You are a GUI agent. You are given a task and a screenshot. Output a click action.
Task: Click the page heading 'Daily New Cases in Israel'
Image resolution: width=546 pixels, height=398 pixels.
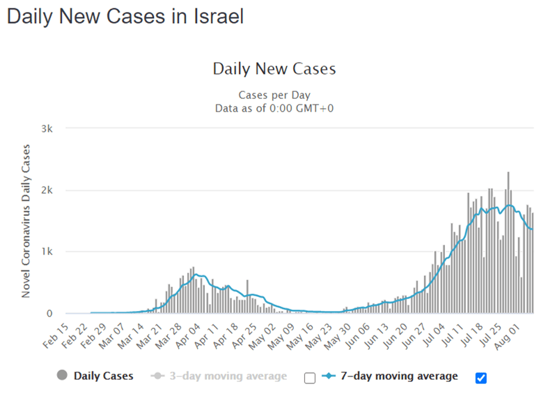[125, 17]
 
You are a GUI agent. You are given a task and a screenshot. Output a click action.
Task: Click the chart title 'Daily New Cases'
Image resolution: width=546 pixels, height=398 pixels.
[274, 69]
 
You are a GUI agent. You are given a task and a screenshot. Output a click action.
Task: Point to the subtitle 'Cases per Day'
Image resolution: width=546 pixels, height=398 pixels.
[274, 95]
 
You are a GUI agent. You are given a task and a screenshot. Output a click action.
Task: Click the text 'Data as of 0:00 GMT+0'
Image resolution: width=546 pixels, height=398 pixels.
[274, 107]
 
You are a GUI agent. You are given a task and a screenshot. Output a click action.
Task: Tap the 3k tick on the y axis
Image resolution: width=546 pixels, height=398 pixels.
[54, 129]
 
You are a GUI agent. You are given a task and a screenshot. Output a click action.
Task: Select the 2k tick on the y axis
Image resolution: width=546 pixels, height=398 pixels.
[54, 190]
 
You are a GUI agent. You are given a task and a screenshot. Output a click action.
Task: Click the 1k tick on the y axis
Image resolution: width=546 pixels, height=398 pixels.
[54, 252]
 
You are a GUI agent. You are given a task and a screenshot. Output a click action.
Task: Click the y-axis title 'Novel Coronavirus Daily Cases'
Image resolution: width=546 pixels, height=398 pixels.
[26, 220]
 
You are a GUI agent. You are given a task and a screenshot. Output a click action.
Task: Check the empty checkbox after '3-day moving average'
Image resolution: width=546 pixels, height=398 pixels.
[310, 378]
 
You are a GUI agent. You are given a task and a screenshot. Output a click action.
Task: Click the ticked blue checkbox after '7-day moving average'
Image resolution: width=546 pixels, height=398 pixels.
[481, 378]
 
